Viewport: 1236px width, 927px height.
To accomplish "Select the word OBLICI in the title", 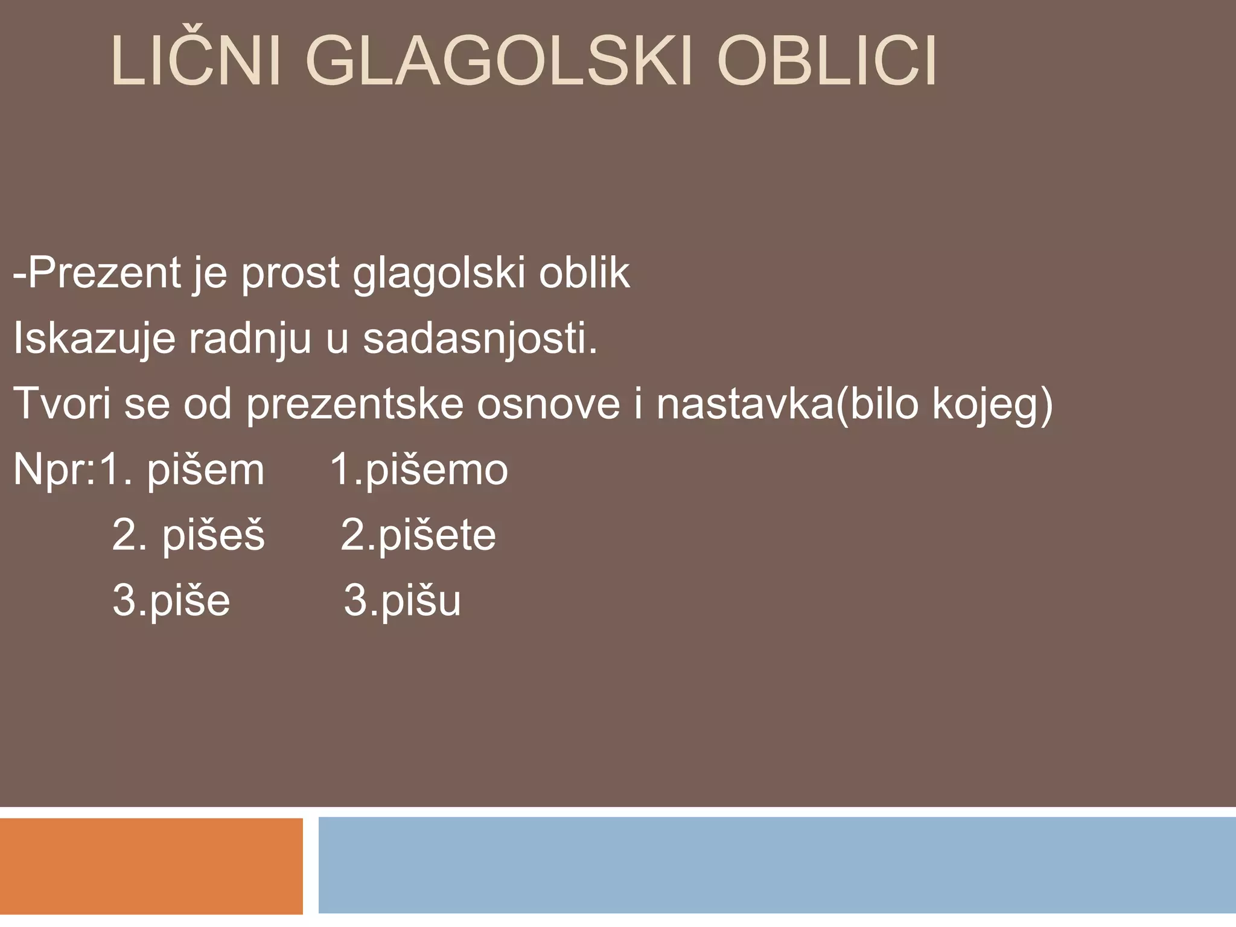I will [x=826, y=62].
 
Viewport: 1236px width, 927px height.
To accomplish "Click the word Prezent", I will [x=105, y=273].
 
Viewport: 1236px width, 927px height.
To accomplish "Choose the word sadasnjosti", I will [x=480, y=339].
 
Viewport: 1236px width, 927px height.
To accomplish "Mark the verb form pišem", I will [x=206, y=470].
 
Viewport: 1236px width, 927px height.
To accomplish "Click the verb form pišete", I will [x=437, y=535].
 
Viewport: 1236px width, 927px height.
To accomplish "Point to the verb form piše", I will [x=190, y=600].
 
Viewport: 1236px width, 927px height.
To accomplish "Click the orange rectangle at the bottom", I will [x=151, y=865].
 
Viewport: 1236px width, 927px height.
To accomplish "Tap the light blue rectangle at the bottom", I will [x=777, y=865].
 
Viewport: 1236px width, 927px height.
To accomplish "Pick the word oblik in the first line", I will [x=584, y=273].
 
